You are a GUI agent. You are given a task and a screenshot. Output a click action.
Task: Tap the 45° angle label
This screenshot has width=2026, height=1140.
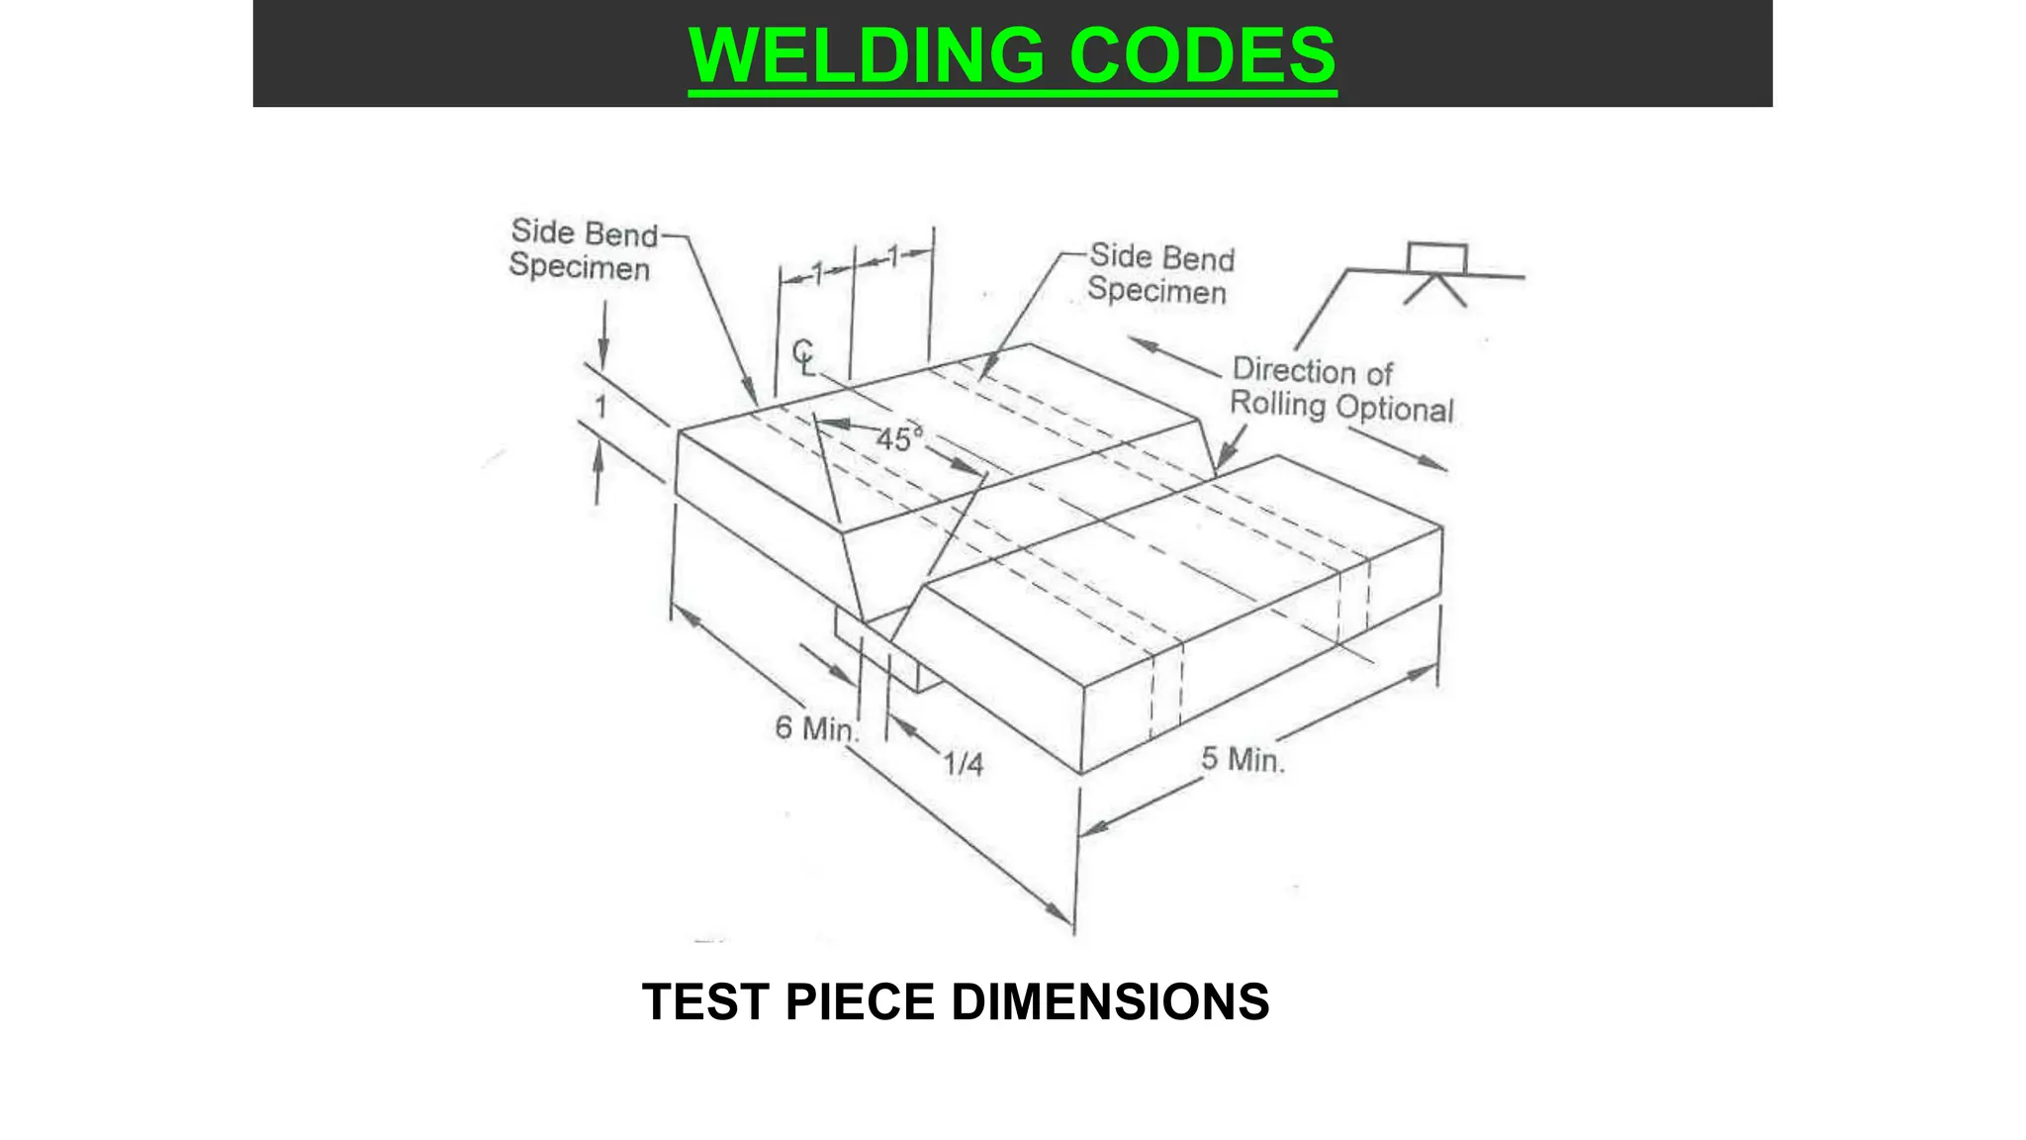[898, 438]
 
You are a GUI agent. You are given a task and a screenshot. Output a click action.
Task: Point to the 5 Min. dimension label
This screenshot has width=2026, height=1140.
[1243, 760]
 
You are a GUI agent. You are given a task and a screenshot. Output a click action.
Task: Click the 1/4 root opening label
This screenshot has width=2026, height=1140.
[963, 764]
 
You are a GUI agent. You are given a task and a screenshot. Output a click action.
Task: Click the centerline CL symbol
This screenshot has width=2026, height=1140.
[804, 357]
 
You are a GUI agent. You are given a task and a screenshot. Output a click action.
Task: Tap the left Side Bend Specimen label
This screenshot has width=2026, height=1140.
[582, 249]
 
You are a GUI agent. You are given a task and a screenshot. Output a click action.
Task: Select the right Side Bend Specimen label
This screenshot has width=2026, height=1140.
[1159, 273]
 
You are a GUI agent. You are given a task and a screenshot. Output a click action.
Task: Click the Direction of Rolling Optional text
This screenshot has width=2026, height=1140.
[1341, 389]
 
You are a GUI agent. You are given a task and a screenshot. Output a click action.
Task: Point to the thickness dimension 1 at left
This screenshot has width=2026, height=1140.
[600, 406]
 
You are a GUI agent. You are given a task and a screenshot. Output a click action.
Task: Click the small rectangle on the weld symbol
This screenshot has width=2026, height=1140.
[1436, 257]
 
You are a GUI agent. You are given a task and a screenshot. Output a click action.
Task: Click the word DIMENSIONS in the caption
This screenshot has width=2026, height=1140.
[1110, 1001]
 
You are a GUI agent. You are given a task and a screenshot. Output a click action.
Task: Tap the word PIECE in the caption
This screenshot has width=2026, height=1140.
[860, 1001]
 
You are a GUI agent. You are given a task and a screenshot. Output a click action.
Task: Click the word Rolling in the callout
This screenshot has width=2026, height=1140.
[1278, 405]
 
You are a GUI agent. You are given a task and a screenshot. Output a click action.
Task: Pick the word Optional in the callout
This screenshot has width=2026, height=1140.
[1395, 409]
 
